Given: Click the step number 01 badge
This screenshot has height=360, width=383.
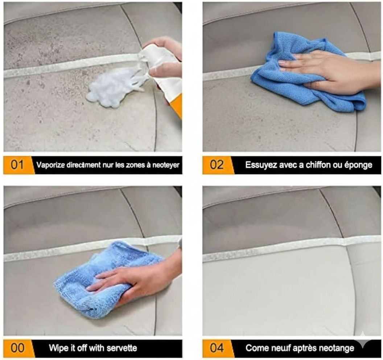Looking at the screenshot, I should click(x=17, y=165).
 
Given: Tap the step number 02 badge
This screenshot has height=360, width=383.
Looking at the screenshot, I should click(x=217, y=165).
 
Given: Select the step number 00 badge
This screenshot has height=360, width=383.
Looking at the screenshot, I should click(x=17, y=348).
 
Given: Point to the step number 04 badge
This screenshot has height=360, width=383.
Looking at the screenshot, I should click(x=217, y=348).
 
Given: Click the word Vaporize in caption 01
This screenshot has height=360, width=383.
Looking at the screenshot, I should click(x=50, y=165).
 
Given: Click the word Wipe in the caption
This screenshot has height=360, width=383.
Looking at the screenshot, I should click(x=57, y=348).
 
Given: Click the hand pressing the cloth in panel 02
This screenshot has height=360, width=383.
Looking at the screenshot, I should click(x=326, y=69).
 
